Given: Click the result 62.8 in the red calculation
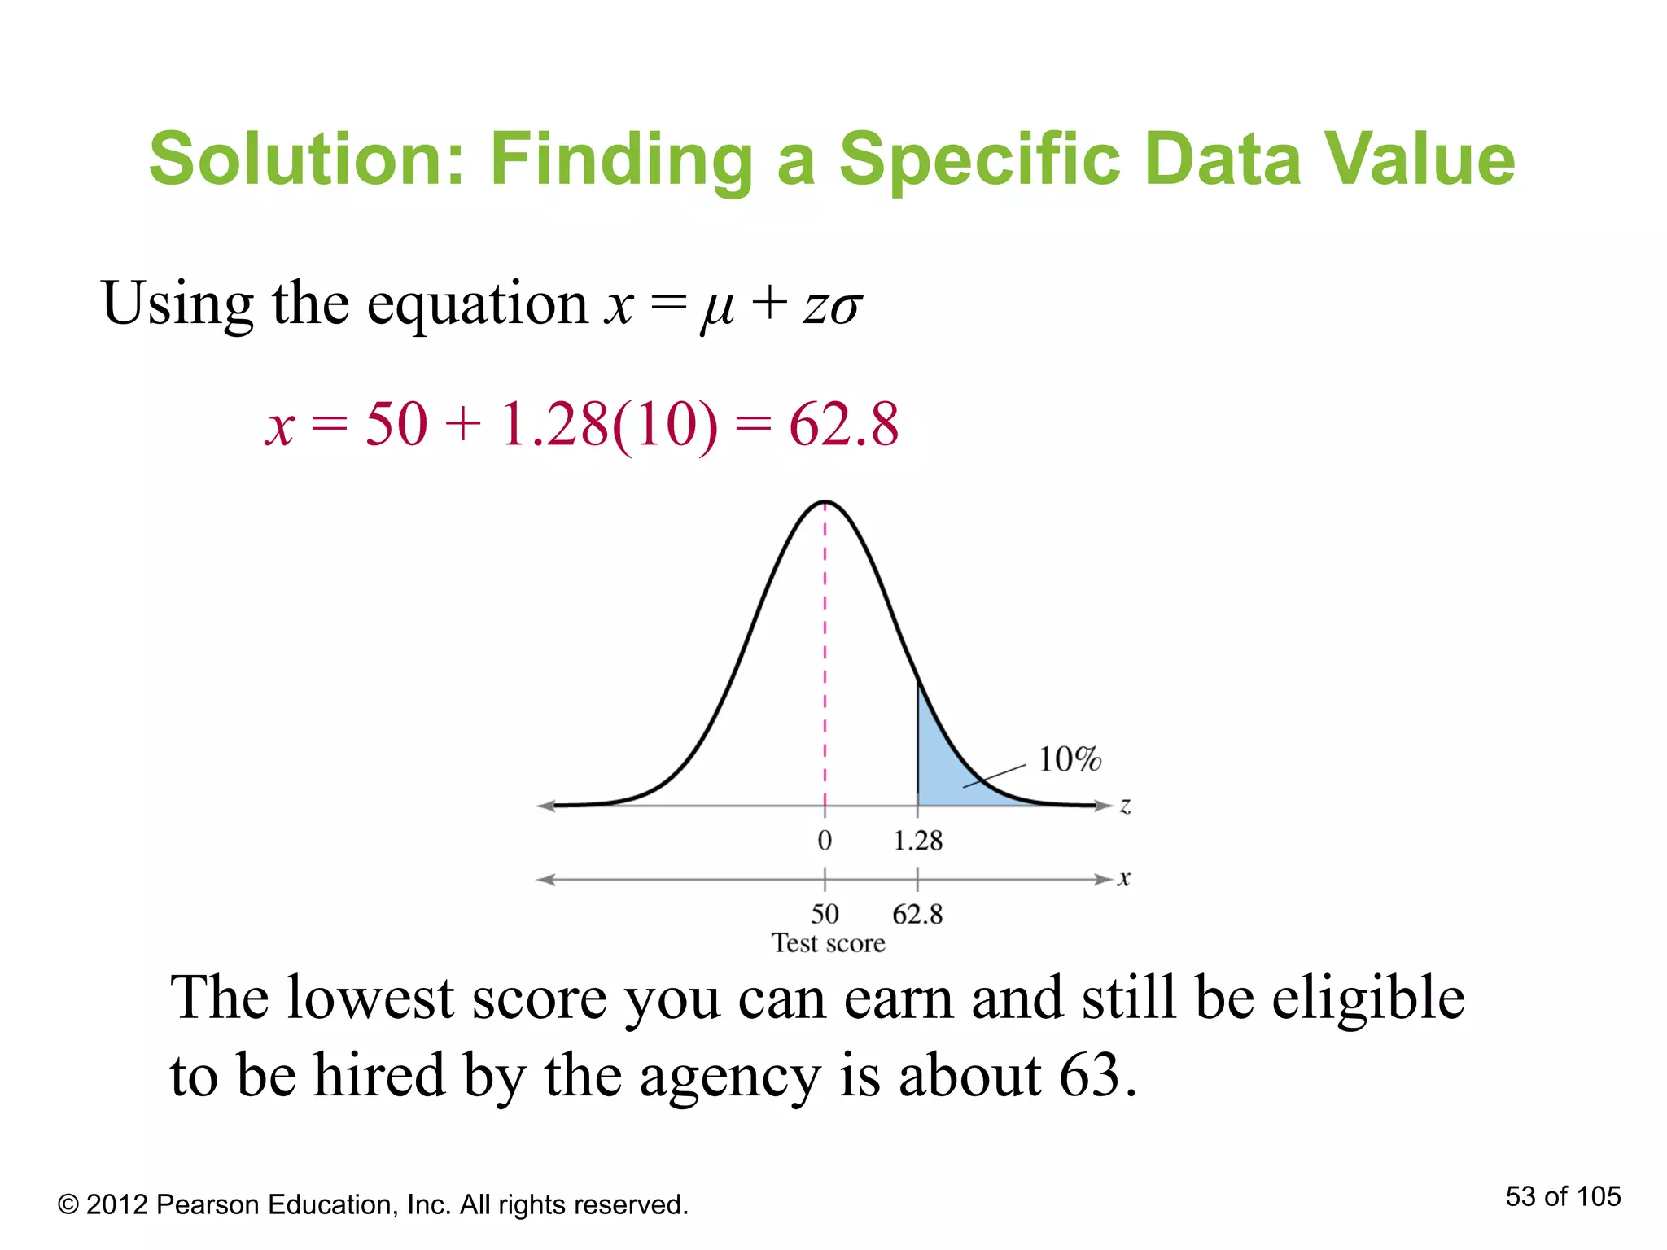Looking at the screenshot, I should tap(843, 424).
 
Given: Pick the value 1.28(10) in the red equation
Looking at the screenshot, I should tap(609, 424).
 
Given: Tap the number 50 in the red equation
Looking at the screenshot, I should tap(396, 424).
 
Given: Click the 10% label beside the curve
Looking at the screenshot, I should tap(1069, 759).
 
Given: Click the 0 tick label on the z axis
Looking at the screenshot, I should tap(825, 841).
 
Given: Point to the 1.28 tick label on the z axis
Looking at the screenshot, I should tap(917, 841).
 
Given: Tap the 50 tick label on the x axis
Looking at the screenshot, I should tap(825, 914).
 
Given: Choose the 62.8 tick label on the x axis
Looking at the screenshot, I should tap(917, 914).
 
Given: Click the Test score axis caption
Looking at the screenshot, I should tap(828, 943).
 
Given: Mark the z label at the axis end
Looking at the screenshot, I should tap(1125, 806).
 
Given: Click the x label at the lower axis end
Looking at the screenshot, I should tap(1124, 879).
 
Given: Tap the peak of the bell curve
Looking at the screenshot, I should tap(825, 502).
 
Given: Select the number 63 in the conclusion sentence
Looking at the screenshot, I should tap(1089, 1075).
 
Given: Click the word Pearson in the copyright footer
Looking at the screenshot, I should tap(208, 1204).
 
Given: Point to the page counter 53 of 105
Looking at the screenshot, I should tap(1563, 1196).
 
